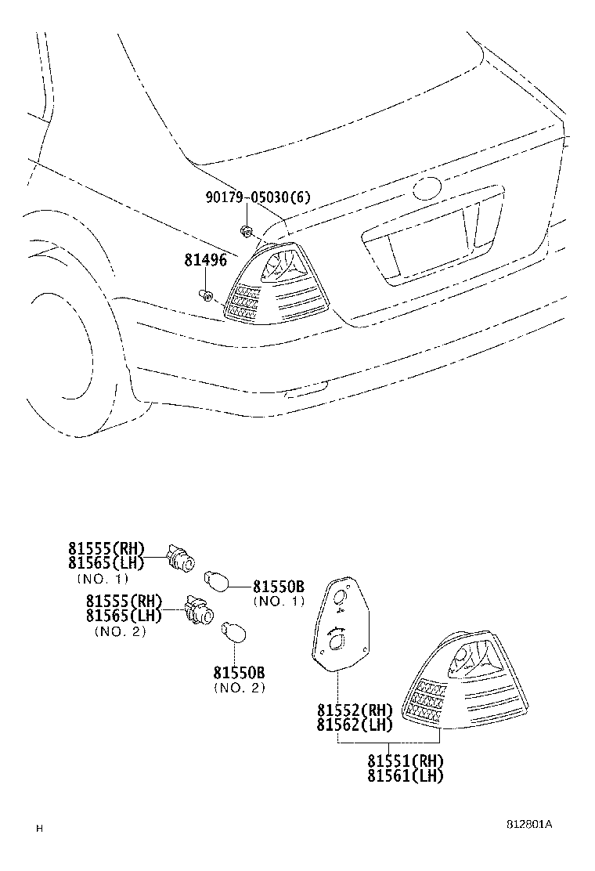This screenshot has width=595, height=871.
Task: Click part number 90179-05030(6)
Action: [x=258, y=197]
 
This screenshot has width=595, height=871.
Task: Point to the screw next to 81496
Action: [x=205, y=295]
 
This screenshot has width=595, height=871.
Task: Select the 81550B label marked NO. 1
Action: [x=278, y=587]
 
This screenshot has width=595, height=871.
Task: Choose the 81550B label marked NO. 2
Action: [x=239, y=673]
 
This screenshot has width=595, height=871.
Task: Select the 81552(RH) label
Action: [x=354, y=710]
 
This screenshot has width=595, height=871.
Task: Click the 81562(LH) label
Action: [x=354, y=725]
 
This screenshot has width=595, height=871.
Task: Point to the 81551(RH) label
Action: [x=405, y=761]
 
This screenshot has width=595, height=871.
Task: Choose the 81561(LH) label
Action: [x=405, y=776]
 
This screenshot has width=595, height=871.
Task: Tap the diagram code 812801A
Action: [x=529, y=825]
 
